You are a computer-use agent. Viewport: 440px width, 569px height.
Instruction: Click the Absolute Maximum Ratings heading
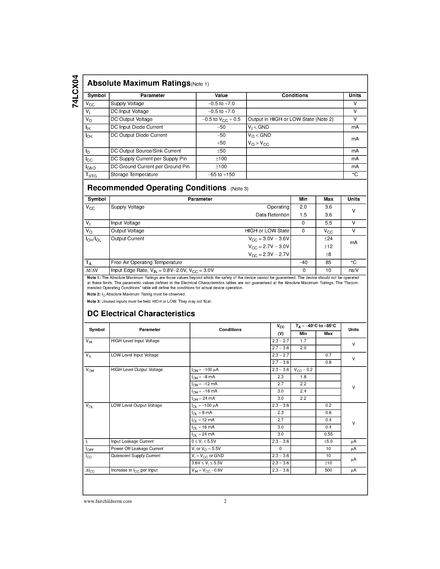pos(139,83)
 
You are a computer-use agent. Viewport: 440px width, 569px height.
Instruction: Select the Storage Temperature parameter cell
pos(134,175)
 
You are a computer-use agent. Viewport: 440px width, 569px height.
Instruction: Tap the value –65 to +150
pos(221,175)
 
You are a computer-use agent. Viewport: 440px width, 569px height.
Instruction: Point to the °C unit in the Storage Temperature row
pos(355,175)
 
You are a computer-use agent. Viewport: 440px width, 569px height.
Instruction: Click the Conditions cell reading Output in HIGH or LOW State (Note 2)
pos(290,119)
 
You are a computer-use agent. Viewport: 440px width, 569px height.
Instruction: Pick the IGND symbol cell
pos(91,167)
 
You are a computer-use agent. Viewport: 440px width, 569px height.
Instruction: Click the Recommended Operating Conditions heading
pos(157,188)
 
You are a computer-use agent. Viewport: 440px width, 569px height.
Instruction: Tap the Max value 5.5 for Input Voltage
pos(328,223)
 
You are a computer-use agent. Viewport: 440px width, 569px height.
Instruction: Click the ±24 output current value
pos(328,239)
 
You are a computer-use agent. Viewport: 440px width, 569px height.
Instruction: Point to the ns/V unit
pos(353,270)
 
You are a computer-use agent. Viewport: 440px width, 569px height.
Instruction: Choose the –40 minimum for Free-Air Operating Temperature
pos(303,262)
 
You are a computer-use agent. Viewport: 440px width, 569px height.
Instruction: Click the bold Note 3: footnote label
pos(94,301)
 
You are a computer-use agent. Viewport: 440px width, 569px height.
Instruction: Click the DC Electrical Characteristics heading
pos(141,313)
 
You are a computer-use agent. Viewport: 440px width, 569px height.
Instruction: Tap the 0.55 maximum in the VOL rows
pos(328,434)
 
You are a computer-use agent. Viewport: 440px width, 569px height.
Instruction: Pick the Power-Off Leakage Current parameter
pos(137,449)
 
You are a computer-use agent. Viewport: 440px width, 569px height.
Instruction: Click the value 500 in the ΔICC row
pos(328,470)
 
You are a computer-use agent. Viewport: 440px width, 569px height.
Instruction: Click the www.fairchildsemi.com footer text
pos(108,501)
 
